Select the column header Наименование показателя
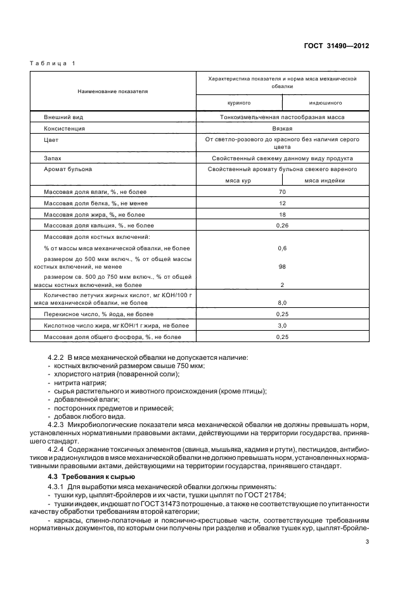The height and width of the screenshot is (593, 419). click(x=113, y=91)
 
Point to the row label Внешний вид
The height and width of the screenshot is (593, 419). click(x=63, y=117)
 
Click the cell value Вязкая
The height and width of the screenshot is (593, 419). click(x=283, y=128)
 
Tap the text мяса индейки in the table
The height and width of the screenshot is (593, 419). click(x=325, y=180)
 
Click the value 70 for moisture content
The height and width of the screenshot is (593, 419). click(x=283, y=192)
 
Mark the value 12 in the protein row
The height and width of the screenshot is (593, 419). click(x=283, y=203)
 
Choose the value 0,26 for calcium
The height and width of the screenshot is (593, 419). click(x=283, y=225)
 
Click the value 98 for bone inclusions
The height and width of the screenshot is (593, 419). click(x=283, y=267)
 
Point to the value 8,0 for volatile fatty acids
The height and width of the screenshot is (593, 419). click(x=283, y=303)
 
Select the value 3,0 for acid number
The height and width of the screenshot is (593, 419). click(x=283, y=325)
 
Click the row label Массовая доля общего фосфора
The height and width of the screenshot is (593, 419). click(x=112, y=336)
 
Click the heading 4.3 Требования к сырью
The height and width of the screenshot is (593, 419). click(x=92, y=476)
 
